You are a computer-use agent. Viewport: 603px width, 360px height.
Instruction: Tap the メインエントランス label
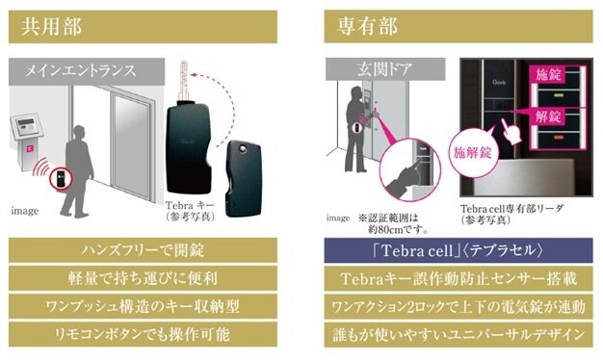[76, 70]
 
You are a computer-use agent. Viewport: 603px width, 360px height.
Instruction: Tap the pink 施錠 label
[547, 73]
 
